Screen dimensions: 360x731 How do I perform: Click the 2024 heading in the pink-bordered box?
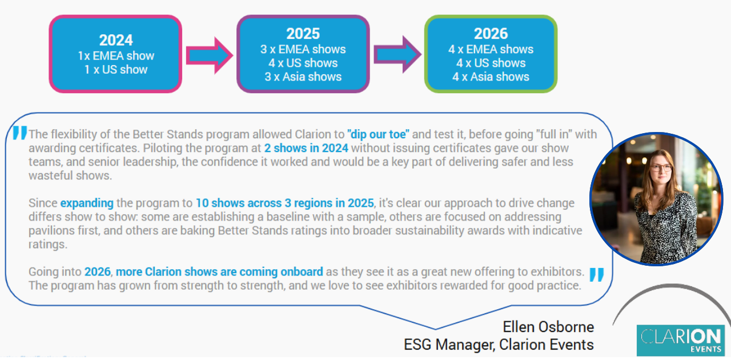[x=116, y=40]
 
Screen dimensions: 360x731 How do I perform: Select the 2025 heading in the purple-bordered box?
[x=303, y=34]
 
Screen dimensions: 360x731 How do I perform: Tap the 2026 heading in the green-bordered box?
[x=491, y=34]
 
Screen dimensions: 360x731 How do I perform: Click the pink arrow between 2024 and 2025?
[x=209, y=55]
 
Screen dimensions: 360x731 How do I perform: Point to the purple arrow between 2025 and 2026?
[x=396, y=54]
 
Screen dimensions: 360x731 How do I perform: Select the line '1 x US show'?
[x=117, y=70]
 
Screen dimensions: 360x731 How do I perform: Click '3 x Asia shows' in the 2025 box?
[x=303, y=77]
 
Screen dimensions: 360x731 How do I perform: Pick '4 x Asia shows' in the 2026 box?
[x=491, y=77]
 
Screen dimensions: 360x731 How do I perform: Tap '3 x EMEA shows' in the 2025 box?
[x=303, y=49]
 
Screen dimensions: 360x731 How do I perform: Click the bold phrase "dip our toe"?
[x=378, y=135]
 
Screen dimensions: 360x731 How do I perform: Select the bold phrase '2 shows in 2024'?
[x=306, y=149]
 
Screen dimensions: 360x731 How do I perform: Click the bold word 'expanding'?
[x=87, y=203]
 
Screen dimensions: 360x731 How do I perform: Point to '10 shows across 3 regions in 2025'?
[x=284, y=203]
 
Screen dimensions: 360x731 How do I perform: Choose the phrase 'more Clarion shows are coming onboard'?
[x=204, y=272]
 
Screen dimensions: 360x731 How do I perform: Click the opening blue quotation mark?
[x=19, y=134]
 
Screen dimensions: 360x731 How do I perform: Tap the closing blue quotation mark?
[x=596, y=275]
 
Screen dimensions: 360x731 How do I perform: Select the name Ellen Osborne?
[x=548, y=327]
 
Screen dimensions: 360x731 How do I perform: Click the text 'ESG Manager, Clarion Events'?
[x=499, y=345]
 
